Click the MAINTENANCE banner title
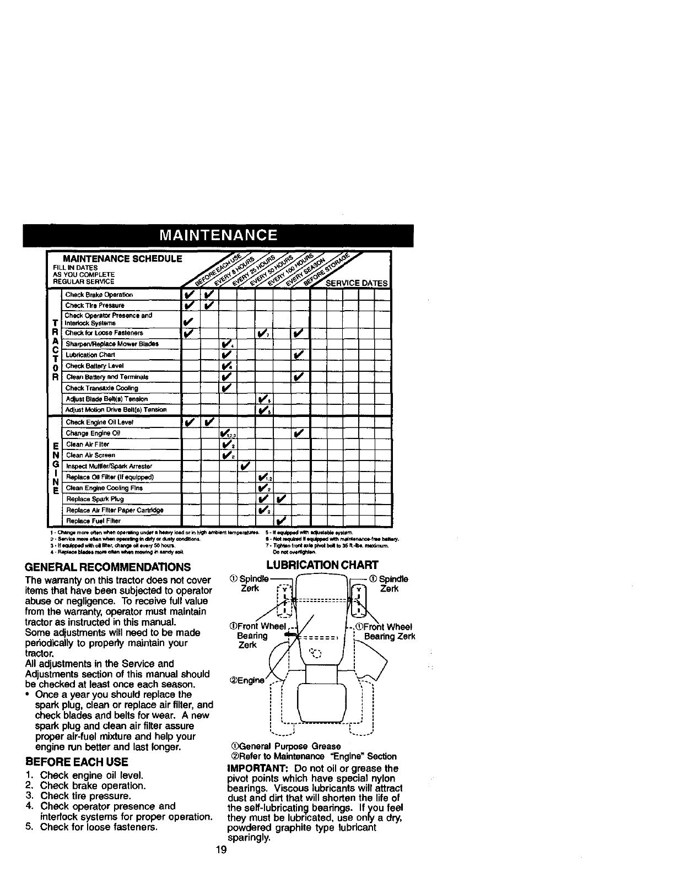[218, 236]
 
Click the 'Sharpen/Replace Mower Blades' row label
[112, 344]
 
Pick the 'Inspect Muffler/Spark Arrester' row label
[109, 466]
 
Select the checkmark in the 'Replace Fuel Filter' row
[282, 521]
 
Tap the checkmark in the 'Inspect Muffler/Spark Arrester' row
[245, 466]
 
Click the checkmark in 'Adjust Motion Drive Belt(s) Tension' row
[263, 410]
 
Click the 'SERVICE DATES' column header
[357, 283]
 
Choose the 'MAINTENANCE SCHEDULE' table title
[123, 259]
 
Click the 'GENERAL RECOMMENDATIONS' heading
[108, 567]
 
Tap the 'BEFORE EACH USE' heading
[77, 762]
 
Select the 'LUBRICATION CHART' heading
[322, 565]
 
